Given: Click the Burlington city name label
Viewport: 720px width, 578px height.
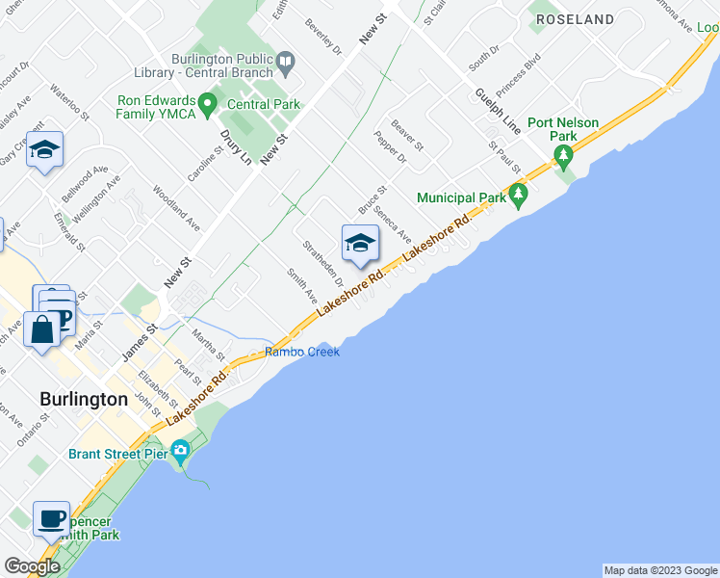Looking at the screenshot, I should (x=84, y=399).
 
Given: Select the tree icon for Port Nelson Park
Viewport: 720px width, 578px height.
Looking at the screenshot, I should (x=564, y=154).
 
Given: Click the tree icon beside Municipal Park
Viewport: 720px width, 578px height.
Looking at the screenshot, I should (x=519, y=197).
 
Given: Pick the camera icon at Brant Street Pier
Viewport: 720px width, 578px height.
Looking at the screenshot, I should (x=179, y=451).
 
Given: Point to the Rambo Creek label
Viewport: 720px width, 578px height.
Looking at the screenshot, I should (x=302, y=352).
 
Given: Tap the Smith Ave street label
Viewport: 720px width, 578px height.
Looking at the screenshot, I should (x=302, y=286).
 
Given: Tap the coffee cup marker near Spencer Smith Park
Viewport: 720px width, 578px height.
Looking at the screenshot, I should (x=52, y=518).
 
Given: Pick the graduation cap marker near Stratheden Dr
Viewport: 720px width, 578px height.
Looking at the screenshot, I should (x=360, y=243).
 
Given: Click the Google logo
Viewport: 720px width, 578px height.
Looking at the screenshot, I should (x=32, y=566).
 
